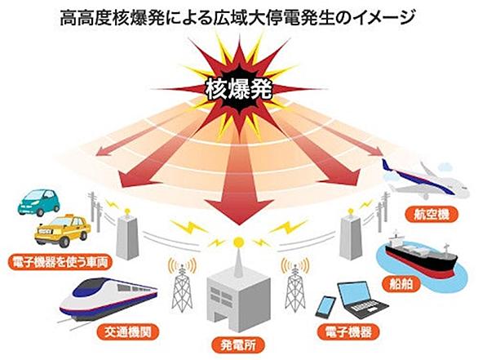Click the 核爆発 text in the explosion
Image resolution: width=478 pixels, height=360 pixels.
pos(239,89)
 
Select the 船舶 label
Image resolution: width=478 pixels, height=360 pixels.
pos(401,284)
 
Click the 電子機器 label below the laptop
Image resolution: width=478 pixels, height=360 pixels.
pos(348,331)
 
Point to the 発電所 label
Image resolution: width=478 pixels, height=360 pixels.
pos(238,344)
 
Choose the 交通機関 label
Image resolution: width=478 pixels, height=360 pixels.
pos(128,332)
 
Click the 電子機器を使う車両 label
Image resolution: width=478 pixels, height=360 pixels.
pos(60,262)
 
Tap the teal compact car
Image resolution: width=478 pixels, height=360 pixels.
pos(38,202)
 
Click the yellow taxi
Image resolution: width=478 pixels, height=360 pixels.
pos(63,230)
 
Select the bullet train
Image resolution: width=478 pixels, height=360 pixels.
pos(108,300)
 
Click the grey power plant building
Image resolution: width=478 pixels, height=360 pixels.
pos(238,300)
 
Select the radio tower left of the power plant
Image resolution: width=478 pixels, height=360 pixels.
pos(182,287)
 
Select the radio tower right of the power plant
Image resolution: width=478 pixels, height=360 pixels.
pos(295,287)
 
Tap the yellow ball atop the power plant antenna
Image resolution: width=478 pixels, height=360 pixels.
pos(238,242)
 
